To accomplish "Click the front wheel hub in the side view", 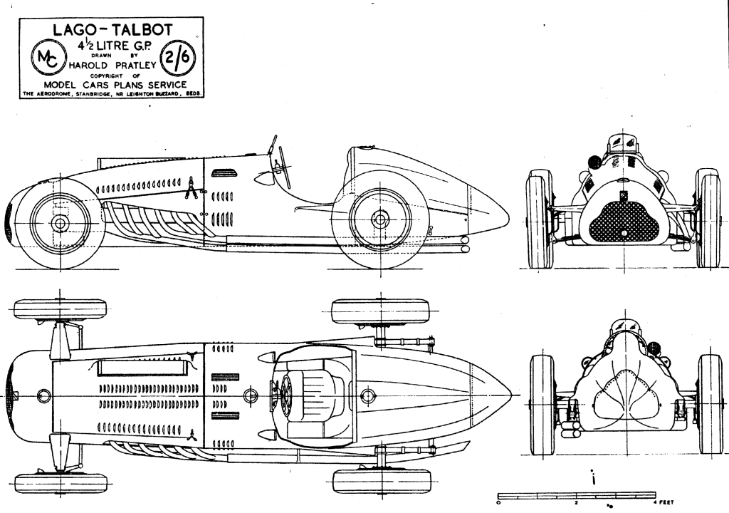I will click(59, 224).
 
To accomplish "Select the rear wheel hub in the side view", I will click(379, 218).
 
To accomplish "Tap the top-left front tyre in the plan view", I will click(60, 309).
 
